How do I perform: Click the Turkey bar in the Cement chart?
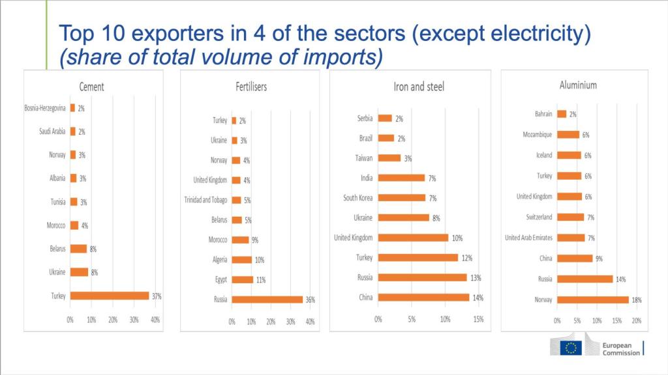coord(110,296)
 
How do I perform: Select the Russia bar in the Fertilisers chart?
coord(267,299)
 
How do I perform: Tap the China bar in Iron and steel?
coord(423,298)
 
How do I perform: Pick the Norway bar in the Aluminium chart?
coord(592,300)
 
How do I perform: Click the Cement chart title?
coord(91,87)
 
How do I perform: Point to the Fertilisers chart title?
coord(251,87)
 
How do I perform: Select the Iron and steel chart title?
coord(419,87)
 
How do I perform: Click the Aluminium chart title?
coord(578,85)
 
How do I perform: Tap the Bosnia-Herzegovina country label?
coord(44,108)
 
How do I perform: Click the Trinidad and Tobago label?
coord(206,200)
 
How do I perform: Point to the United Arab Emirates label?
coord(528,238)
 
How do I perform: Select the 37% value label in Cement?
coord(157,296)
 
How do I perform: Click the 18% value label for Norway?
coord(637,300)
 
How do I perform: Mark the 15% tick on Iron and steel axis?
coord(478,320)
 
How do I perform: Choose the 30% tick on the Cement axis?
coord(134,320)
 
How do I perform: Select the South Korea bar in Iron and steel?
coord(401,197)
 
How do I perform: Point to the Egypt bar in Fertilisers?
coord(242,279)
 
